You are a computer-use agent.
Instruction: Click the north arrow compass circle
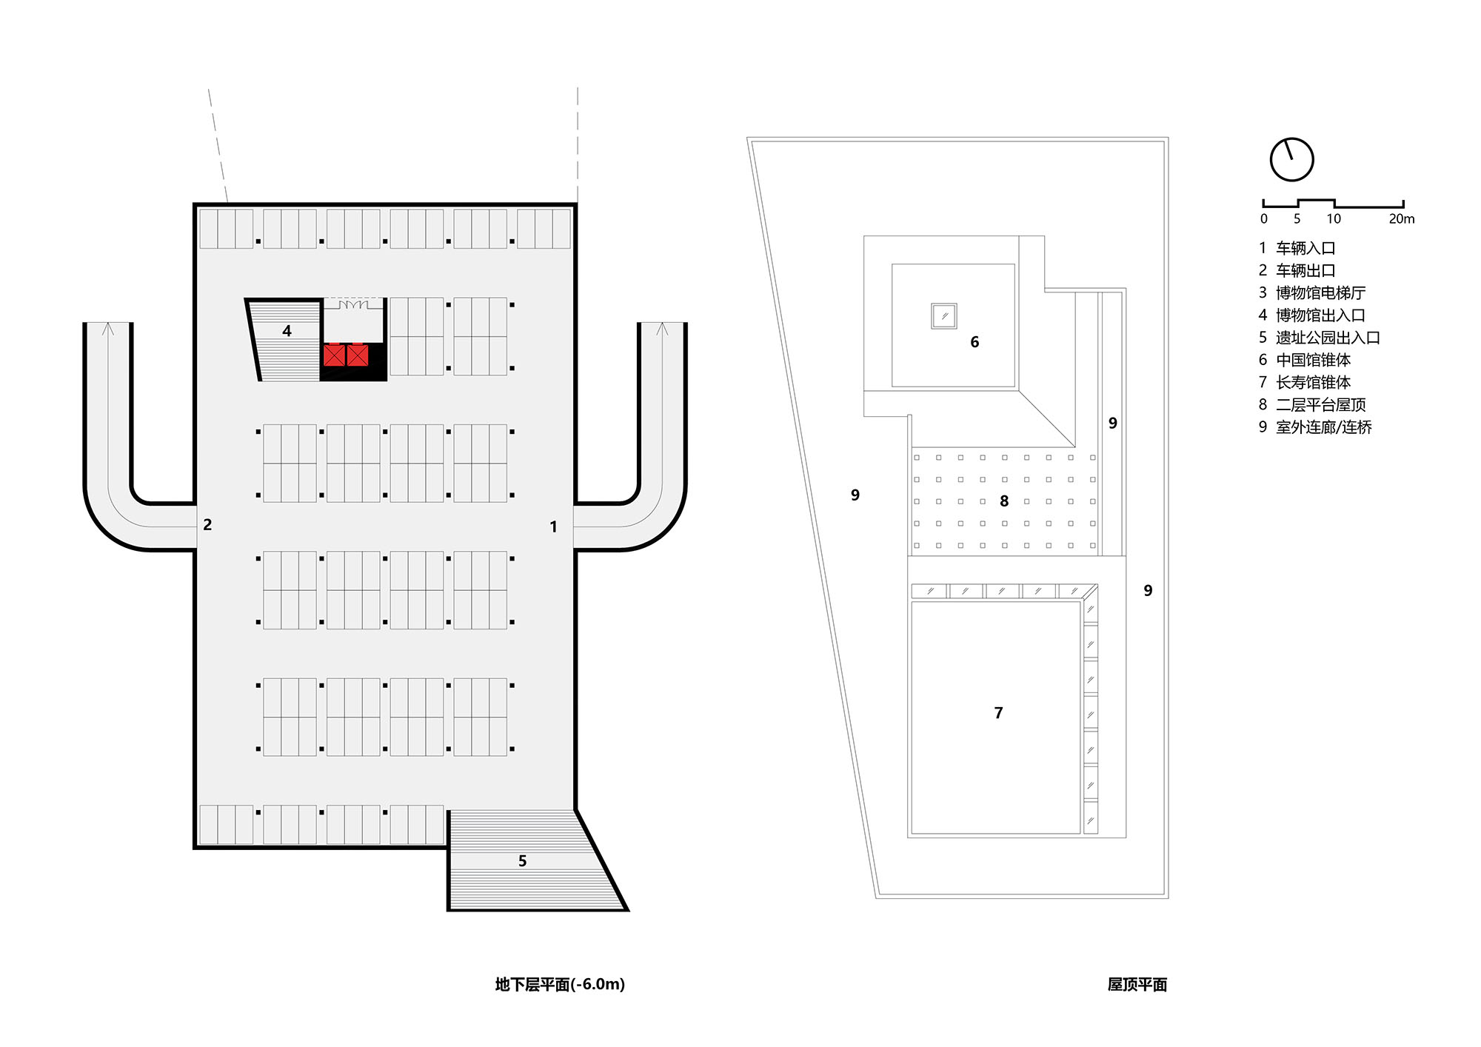(x=1291, y=159)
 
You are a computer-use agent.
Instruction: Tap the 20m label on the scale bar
(x=1401, y=219)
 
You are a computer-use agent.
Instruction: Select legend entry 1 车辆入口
(x=1297, y=248)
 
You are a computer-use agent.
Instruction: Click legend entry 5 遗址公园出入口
(x=1319, y=338)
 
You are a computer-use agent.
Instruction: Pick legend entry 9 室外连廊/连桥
(x=1315, y=427)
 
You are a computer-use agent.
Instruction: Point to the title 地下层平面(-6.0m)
(x=560, y=984)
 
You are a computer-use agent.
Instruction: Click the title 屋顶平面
(x=1137, y=984)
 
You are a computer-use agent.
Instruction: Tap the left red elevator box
(x=334, y=355)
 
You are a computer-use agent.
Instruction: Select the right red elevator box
(x=358, y=355)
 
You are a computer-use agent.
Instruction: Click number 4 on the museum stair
(x=287, y=331)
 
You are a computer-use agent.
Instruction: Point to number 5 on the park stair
(x=522, y=861)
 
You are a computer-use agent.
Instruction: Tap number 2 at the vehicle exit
(x=207, y=525)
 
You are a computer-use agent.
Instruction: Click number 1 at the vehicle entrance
(x=553, y=526)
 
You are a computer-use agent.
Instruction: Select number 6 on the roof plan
(x=974, y=342)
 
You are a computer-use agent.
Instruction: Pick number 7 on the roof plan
(x=998, y=713)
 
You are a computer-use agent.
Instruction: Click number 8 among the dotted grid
(x=1004, y=501)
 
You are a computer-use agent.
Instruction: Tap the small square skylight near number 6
(x=944, y=316)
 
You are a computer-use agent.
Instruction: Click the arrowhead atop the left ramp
(x=108, y=328)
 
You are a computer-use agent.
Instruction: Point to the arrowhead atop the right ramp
(x=662, y=328)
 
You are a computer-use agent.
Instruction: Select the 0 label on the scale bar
(x=1264, y=219)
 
